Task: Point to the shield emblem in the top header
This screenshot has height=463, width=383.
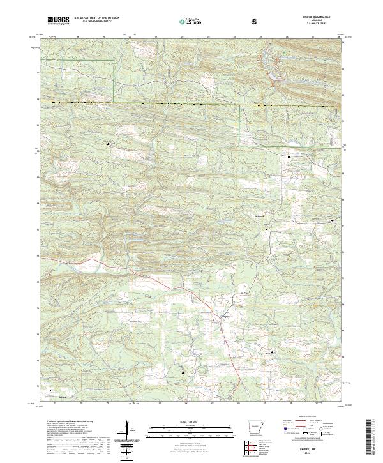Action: [254, 21]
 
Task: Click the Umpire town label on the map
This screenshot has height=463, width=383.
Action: [224, 314]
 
